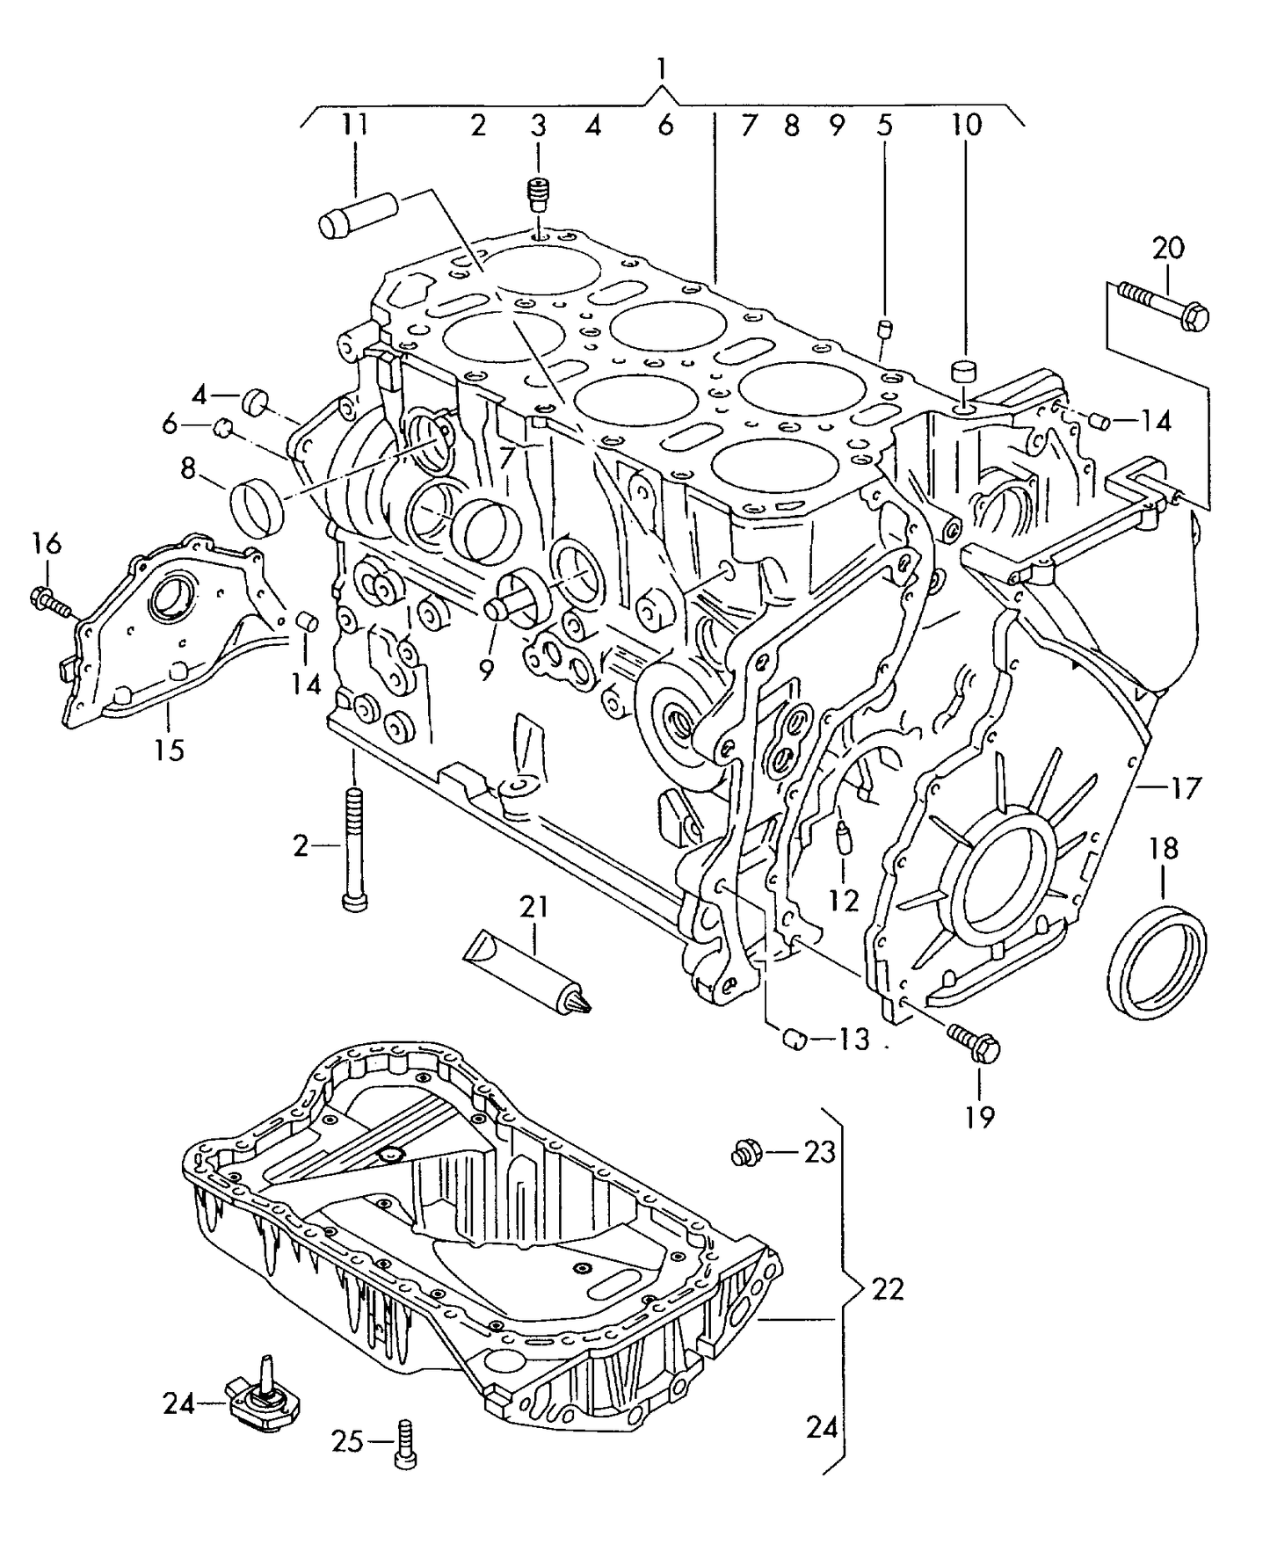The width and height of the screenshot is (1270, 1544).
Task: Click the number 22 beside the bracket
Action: point(887,1289)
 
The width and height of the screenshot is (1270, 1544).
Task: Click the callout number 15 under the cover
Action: point(170,750)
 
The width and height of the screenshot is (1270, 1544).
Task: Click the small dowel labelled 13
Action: point(795,1040)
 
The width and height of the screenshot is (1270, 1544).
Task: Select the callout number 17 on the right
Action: point(1184,788)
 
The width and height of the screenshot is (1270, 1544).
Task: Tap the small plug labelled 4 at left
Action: point(257,401)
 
